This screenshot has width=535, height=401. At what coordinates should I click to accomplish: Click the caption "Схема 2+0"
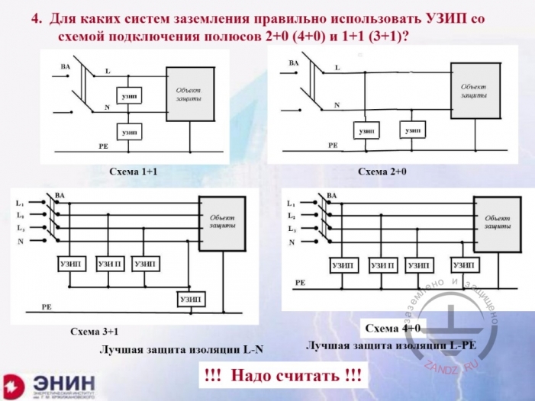tap(382, 172)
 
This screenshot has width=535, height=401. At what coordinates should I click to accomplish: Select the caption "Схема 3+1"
tap(95, 332)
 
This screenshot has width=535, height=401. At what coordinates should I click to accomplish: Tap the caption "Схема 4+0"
tap(393, 328)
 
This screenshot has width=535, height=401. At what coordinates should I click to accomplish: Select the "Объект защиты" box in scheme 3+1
tap(221, 223)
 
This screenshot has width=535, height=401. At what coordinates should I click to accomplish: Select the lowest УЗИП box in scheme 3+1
tap(191, 299)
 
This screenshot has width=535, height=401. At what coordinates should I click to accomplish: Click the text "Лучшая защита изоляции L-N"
tap(181, 350)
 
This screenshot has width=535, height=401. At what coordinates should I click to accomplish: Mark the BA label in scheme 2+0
tap(293, 61)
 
